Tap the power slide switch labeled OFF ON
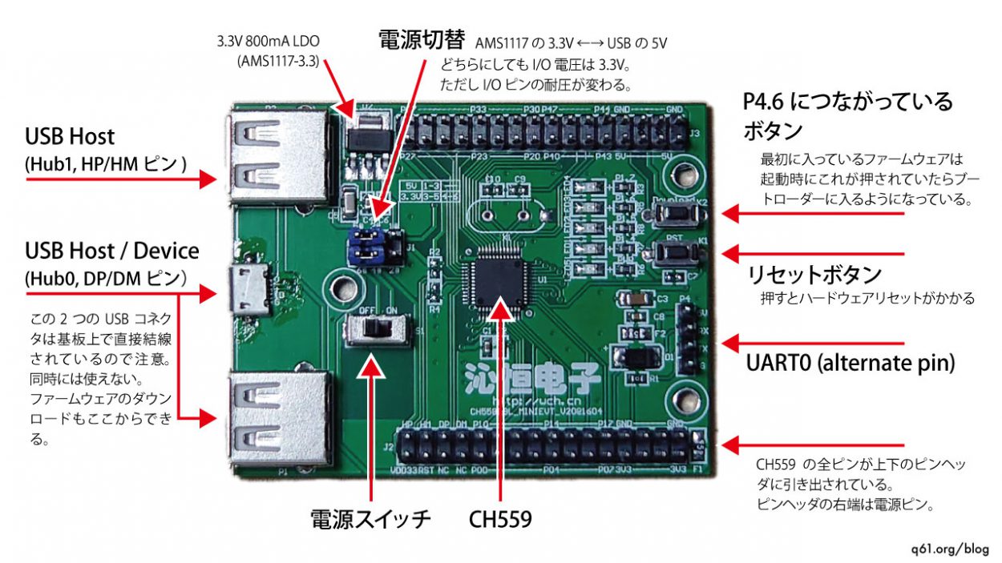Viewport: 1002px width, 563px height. [x=370, y=330]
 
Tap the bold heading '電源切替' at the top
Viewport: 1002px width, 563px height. [x=423, y=42]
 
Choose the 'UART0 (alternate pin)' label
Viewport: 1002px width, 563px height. [x=850, y=363]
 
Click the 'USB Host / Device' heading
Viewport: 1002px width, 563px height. [x=111, y=251]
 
